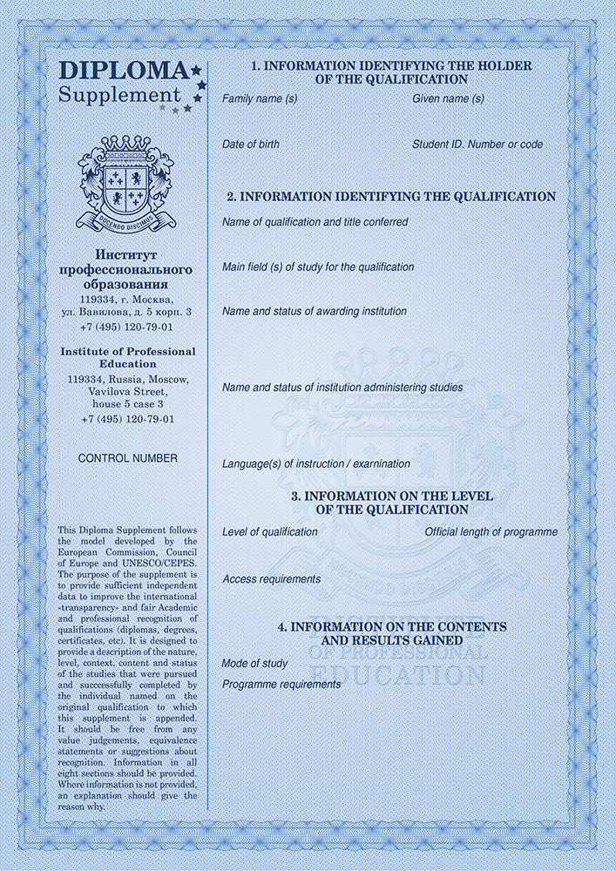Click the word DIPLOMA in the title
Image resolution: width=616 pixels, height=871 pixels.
122,71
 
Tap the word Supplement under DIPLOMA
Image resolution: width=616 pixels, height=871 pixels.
119,94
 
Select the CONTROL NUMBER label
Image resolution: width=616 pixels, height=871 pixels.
127,458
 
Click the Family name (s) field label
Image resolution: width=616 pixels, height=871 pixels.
260,99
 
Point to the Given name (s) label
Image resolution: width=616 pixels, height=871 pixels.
448,99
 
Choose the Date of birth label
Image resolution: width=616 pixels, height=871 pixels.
251,145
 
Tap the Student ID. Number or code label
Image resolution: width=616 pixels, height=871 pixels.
477,145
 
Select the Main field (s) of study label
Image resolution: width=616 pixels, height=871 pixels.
318,267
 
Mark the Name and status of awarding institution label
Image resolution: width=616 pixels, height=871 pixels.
315,311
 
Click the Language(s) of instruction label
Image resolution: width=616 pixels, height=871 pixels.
316,464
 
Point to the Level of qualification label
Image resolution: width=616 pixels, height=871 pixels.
270,532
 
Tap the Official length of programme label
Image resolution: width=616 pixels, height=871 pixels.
491,532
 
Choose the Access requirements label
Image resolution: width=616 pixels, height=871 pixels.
272,579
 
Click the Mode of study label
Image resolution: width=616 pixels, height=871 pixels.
254,664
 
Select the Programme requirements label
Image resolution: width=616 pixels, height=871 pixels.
281,685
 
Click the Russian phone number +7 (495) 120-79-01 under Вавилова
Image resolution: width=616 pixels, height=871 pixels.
127,327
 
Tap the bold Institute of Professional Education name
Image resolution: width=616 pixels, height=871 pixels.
127,357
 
